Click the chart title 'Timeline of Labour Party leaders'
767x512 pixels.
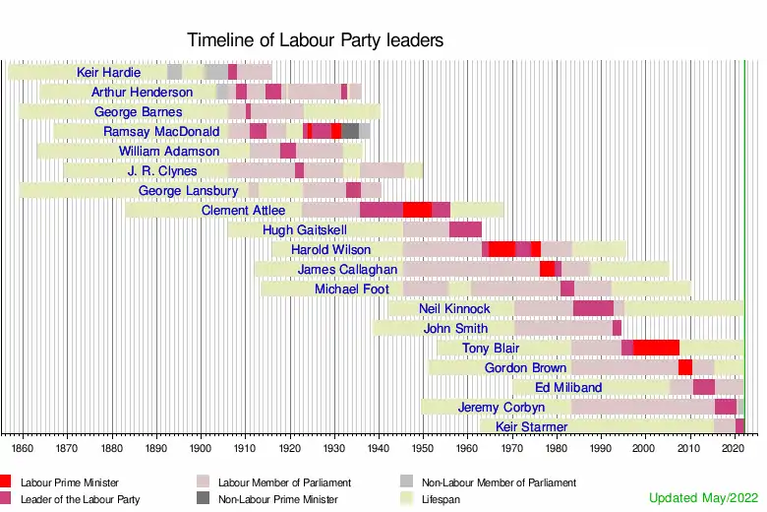coord(316,40)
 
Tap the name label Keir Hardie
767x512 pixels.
coord(108,72)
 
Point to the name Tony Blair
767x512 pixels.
coord(491,348)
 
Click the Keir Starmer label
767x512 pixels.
coord(531,426)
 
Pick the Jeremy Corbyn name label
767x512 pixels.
coord(501,407)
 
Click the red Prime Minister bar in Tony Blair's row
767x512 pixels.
coord(656,348)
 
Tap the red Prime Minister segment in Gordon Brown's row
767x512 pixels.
coord(685,367)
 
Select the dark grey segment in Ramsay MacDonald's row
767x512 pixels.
coord(350,131)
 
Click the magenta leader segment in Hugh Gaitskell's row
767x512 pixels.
coord(465,229)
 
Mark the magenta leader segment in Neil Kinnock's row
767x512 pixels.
coord(593,308)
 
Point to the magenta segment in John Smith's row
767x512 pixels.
coord(617,328)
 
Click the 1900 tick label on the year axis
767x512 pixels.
coord(200,448)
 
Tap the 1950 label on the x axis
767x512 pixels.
coord(422,448)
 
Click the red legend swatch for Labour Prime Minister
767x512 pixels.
coord(6,482)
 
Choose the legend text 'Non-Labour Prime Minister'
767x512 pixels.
coord(277,499)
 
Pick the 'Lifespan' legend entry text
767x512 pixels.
coord(441,499)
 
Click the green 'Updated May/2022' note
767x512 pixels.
coord(703,498)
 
